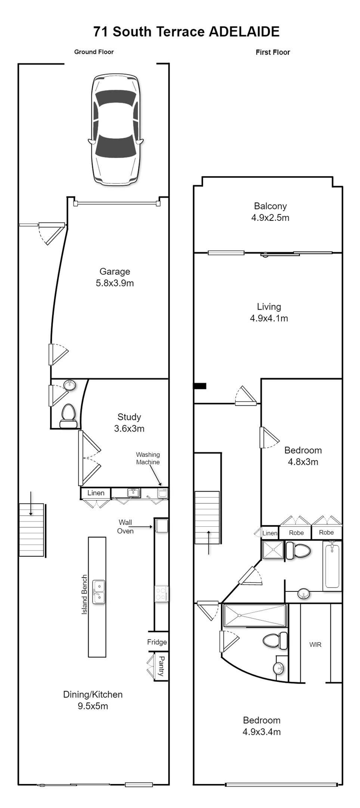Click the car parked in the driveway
pos(115,129)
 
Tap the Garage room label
pos(115,277)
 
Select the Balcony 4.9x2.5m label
pos(270,212)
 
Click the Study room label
pos(129,422)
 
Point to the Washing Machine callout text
pos(148,458)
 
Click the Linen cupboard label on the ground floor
pos(96,493)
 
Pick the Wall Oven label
pos(125,527)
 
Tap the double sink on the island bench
pos(99,592)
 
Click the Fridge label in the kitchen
pos(157,642)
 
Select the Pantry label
pos(161,666)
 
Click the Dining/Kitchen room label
pos(93,700)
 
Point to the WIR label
pos(316,644)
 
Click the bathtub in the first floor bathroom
pos(332,566)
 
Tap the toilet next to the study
pos(68,416)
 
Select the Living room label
pos(269,312)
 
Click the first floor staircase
pos(207,517)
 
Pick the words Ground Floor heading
pos(94,52)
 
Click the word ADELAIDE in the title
pos(244,32)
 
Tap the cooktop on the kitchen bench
pos(161,594)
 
